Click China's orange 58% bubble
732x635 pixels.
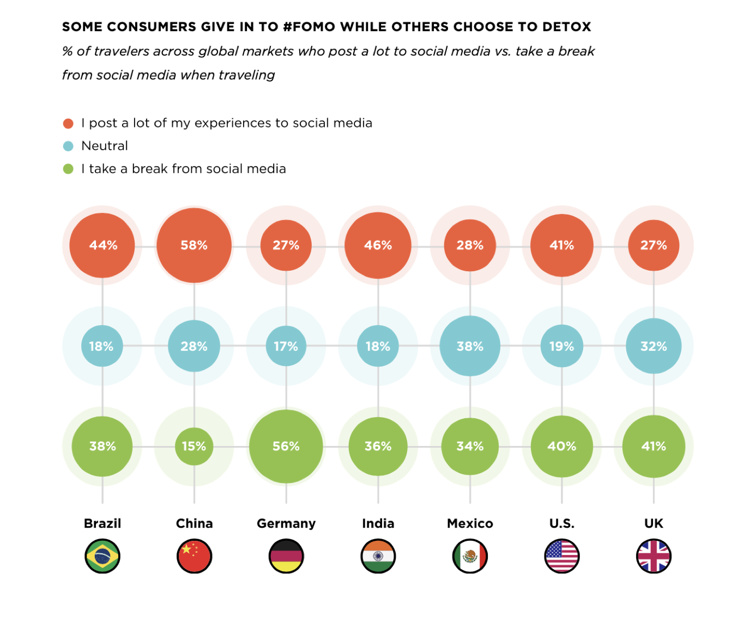[194, 246]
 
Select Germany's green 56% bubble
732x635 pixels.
[286, 447]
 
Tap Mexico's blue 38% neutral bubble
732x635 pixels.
[470, 346]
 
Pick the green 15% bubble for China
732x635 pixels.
[194, 447]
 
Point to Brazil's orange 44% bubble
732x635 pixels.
[102, 246]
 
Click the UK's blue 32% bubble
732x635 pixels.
[654, 346]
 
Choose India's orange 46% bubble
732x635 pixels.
[378, 246]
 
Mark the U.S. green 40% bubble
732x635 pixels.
[561, 447]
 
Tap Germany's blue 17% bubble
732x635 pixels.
[286, 346]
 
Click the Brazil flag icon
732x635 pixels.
[102, 556]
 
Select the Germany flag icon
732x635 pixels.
[286, 556]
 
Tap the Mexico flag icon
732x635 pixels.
[470, 556]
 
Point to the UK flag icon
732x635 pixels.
[654, 556]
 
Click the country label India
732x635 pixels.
[378, 523]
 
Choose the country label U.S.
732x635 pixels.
[561, 523]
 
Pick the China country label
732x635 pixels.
[194, 523]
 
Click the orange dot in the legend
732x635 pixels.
[68, 124]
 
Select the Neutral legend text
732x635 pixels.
[105, 146]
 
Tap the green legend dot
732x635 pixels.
[68, 169]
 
